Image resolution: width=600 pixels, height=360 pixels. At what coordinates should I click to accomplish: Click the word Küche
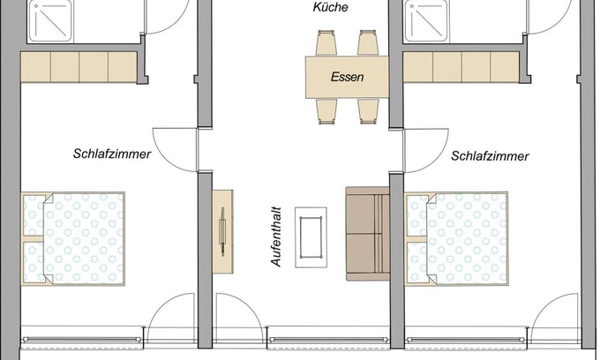click(x=331, y=8)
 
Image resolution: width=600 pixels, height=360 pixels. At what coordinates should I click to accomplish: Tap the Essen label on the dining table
click(x=347, y=77)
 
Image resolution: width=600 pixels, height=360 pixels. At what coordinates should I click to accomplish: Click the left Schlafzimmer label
click(x=112, y=154)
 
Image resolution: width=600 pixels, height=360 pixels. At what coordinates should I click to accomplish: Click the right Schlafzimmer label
click(x=490, y=156)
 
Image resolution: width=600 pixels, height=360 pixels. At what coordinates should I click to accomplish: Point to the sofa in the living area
click(x=367, y=234)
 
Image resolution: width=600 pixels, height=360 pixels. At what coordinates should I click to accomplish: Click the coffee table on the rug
click(x=311, y=234)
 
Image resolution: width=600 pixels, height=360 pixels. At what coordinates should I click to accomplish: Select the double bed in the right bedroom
click(x=457, y=239)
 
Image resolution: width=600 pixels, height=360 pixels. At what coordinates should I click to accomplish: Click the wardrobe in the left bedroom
click(x=79, y=67)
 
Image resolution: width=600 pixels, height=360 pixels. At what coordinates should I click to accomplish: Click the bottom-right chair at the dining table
click(x=368, y=109)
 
